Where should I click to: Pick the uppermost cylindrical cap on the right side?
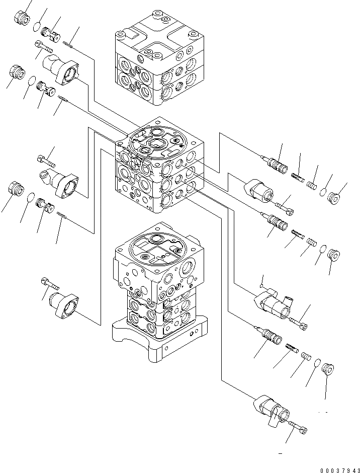click(x=259, y=192)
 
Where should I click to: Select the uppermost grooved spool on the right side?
click(x=276, y=164)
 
